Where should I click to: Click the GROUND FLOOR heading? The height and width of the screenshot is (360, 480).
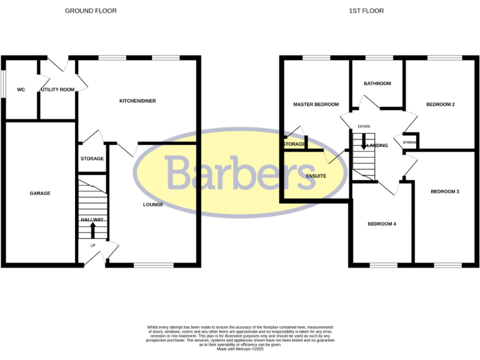click(x=91, y=11)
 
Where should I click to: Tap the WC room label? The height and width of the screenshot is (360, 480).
click(x=21, y=89)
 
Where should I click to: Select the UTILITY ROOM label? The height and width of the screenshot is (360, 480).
click(x=57, y=89)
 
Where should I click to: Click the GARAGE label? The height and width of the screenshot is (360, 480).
click(x=40, y=193)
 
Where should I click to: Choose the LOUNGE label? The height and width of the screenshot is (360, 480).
click(x=153, y=204)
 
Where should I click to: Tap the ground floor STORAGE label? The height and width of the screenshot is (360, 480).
click(x=92, y=159)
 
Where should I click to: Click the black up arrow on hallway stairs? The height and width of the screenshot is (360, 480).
click(x=93, y=230)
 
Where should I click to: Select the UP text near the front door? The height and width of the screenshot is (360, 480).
click(x=93, y=246)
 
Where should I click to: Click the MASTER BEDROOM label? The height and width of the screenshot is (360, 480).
click(x=316, y=104)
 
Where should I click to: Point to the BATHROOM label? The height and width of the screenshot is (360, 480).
click(x=377, y=83)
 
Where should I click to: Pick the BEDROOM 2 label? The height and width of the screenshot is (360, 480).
click(x=440, y=104)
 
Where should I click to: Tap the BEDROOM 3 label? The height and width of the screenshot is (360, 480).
click(x=445, y=191)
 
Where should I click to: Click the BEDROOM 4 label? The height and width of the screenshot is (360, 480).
click(x=382, y=224)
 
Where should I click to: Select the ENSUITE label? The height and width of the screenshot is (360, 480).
click(x=316, y=176)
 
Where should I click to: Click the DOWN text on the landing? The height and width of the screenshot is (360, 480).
click(x=364, y=126)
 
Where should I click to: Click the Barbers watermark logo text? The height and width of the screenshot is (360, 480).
click(x=241, y=172)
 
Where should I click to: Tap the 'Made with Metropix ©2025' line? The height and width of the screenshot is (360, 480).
click(x=240, y=349)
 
